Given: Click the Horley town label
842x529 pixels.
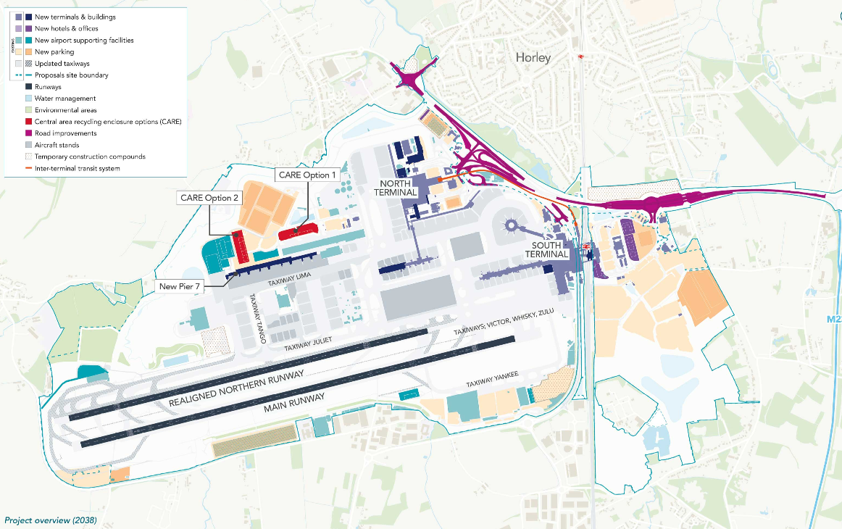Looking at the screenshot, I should [533, 57].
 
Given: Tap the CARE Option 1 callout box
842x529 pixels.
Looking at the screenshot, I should [307, 175].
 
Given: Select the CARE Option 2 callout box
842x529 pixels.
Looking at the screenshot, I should [209, 198].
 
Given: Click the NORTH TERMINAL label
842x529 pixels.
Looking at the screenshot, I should [395, 188].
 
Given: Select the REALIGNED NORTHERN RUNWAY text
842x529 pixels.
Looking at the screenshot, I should [236, 388].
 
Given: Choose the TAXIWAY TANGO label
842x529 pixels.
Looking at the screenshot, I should [257, 319].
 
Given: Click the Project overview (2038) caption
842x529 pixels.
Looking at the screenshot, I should [50, 520].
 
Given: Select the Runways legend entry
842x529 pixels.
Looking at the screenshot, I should [48, 87].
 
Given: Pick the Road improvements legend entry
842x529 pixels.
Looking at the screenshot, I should [65, 133].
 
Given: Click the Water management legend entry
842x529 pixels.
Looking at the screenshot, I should [65, 99].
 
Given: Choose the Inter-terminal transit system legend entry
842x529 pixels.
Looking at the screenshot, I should [76, 168].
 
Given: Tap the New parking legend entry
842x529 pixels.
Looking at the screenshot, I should [54, 52].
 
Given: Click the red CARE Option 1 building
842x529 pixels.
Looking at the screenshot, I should [298, 231].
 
